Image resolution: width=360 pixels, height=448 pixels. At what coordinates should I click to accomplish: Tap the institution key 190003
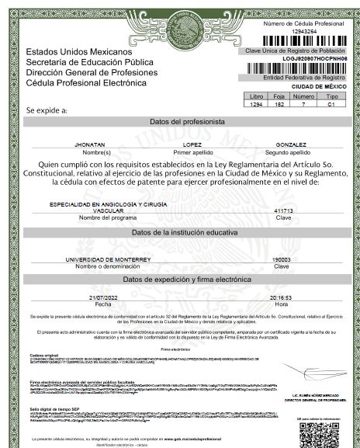pos(281,259)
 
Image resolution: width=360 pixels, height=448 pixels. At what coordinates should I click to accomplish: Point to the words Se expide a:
pos(47,111)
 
